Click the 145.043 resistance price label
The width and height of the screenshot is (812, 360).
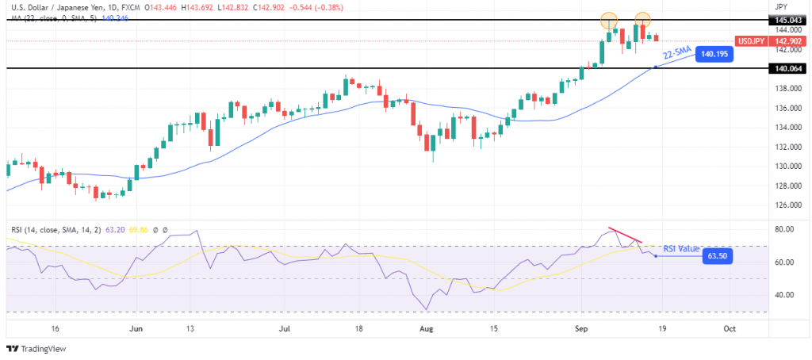[787, 19]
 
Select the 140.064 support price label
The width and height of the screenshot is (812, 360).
[787, 68]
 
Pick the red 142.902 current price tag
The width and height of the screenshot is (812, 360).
[787, 40]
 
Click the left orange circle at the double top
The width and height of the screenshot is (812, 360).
[608, 19]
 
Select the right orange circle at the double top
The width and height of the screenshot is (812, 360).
[642, 18]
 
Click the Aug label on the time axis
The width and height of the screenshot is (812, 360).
[427, 327]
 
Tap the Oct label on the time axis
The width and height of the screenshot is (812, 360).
[730, 327]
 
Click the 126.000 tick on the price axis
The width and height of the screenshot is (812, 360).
[787, 205]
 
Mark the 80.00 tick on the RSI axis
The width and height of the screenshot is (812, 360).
[786, 230]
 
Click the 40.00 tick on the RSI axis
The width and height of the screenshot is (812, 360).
[786, 295]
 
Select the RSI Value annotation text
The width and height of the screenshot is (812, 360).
[680, 248]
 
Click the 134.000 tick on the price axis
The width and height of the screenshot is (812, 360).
[787, 127]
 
